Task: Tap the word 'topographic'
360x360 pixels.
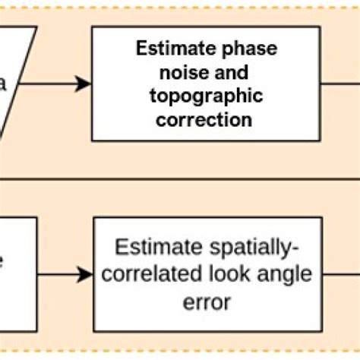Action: [206, 96]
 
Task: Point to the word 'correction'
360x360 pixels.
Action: [206, 120]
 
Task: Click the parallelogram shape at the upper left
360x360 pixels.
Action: [15, 84]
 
